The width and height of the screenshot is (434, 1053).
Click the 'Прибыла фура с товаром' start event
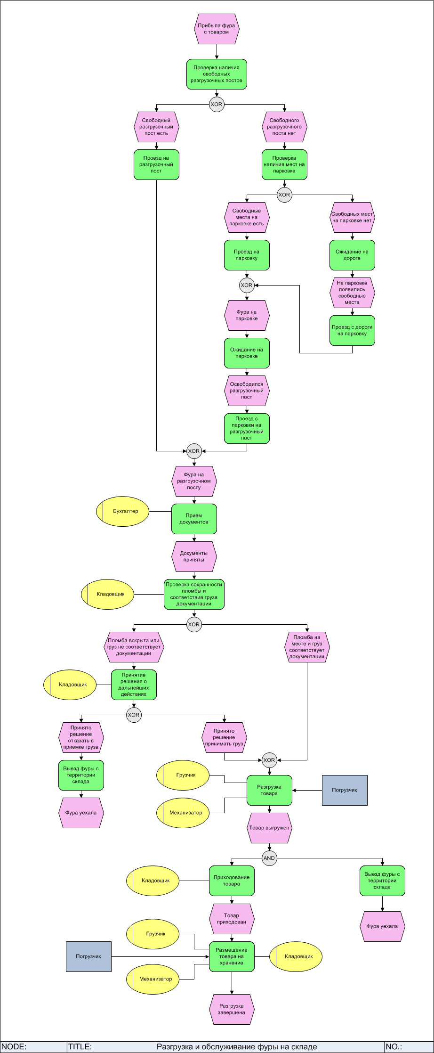(217, 29)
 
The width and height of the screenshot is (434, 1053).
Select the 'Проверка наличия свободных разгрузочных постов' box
(217, 74)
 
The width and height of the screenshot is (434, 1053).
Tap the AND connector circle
(269, 858)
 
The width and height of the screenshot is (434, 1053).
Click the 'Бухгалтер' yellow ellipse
(123, 511)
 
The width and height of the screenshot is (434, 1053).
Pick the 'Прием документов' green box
(194, 519)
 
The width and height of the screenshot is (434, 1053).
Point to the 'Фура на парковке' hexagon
(247, 315)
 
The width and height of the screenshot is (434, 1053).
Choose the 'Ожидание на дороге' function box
(352, 255)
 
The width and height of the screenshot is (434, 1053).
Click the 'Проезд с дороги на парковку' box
(352, 330)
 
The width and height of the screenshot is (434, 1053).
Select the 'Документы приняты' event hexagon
(194, 556)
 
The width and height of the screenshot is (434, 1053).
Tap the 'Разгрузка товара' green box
(269, 790)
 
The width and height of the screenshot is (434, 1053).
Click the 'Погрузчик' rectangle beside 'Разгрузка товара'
(345, 790)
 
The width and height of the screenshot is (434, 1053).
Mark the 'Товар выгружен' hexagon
(269, 828)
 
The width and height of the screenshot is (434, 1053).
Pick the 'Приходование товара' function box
(232, 881)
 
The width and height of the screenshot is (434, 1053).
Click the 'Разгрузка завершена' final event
(232, 1009)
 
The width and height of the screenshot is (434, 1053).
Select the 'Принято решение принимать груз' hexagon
(224, 737)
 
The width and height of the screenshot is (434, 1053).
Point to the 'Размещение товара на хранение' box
(232, 956)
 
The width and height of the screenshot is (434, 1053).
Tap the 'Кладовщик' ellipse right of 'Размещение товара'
(296, 956)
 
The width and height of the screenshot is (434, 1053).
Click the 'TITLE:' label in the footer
(80, 1047)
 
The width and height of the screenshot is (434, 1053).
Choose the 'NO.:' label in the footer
(395, 1047)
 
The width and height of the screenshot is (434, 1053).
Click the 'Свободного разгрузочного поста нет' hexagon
(284, 127)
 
